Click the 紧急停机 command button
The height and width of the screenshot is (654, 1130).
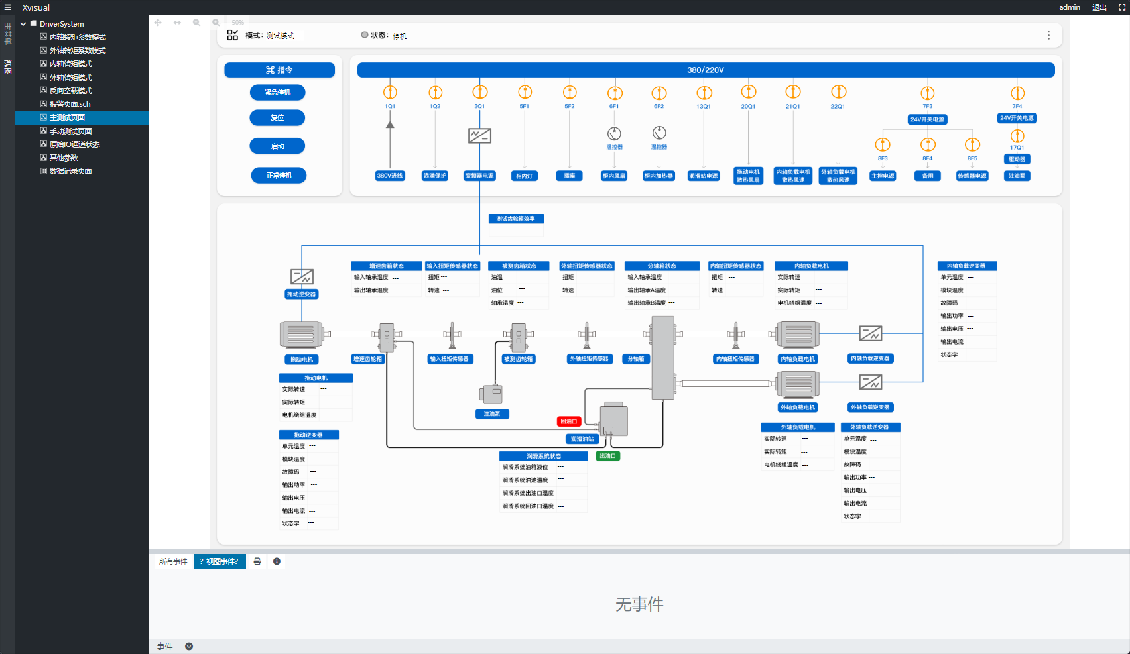278,93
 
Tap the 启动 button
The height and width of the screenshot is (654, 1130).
278,146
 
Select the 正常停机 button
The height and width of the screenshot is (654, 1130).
279,176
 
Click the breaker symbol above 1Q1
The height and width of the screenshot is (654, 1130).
390,92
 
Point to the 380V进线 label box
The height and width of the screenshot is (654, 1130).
390,176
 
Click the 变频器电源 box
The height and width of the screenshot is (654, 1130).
479,176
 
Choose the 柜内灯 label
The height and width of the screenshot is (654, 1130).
525,176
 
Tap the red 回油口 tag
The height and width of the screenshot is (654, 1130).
569,421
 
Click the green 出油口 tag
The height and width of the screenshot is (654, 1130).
607,456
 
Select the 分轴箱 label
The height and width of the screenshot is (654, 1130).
636,359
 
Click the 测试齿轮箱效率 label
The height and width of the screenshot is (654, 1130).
516,219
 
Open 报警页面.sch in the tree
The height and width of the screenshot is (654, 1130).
70,104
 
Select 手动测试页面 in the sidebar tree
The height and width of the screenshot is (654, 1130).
70,131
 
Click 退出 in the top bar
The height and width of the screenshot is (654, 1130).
1099,7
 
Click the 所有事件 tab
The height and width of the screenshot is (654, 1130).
173,561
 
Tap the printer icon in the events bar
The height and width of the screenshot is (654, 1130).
257,561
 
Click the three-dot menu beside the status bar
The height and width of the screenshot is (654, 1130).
1048,36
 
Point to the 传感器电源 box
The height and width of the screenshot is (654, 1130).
972,176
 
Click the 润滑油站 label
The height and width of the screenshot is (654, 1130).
582,439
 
